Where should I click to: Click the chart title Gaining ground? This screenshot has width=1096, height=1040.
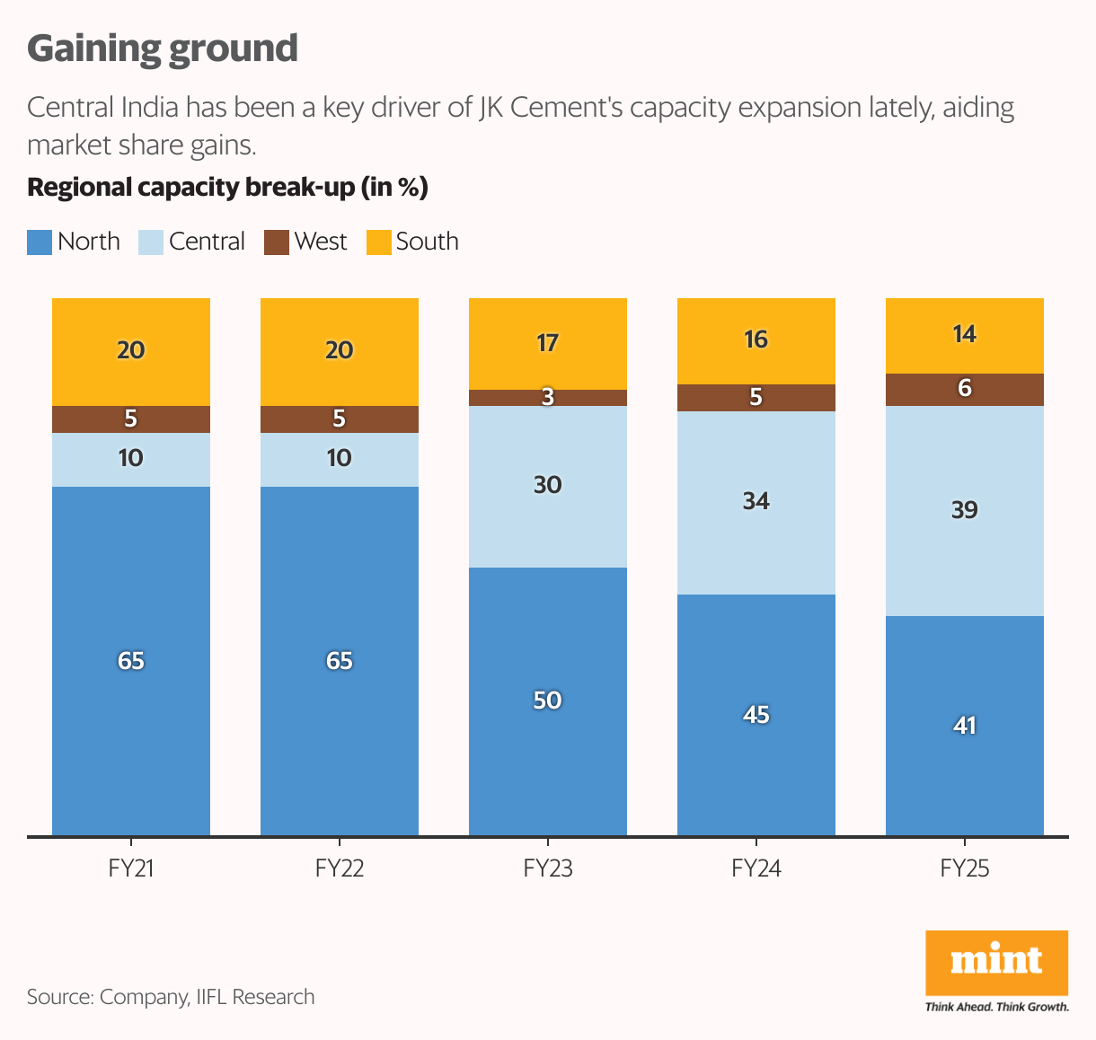coord(163,48)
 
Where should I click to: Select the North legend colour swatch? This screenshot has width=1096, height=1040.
coord(40,242)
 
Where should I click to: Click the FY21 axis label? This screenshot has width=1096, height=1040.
coord(131,868)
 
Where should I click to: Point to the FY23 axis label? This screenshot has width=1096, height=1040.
coord(548,868)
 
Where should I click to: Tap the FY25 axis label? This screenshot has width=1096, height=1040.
coord(965,868)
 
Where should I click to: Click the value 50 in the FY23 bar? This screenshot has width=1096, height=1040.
coord(547,700)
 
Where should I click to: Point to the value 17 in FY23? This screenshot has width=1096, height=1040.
coord(547,343)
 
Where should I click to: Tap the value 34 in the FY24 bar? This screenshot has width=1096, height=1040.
coord(756,500)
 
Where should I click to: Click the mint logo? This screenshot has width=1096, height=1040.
coord(996,963)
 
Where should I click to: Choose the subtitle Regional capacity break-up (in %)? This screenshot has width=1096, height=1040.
coord(227,188)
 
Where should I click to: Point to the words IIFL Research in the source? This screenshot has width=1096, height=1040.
coord(255,997)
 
